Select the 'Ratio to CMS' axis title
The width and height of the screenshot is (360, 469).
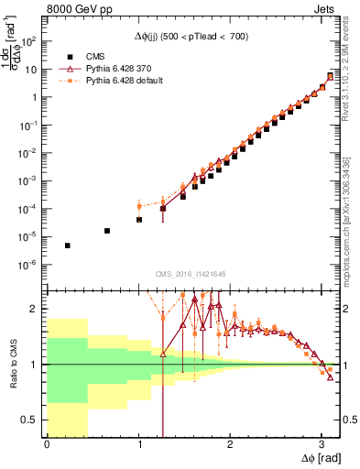click(10, 365)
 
